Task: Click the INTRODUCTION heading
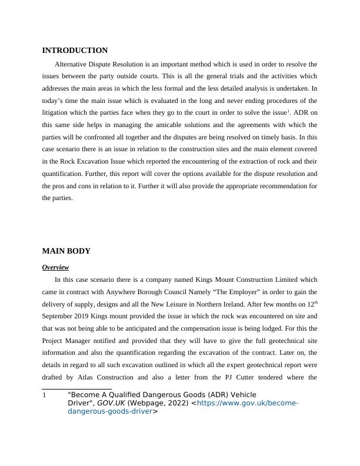75,51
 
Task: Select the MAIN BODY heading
66,251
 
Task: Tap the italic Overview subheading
55,267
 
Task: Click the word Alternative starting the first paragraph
73,64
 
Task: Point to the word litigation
58,112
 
